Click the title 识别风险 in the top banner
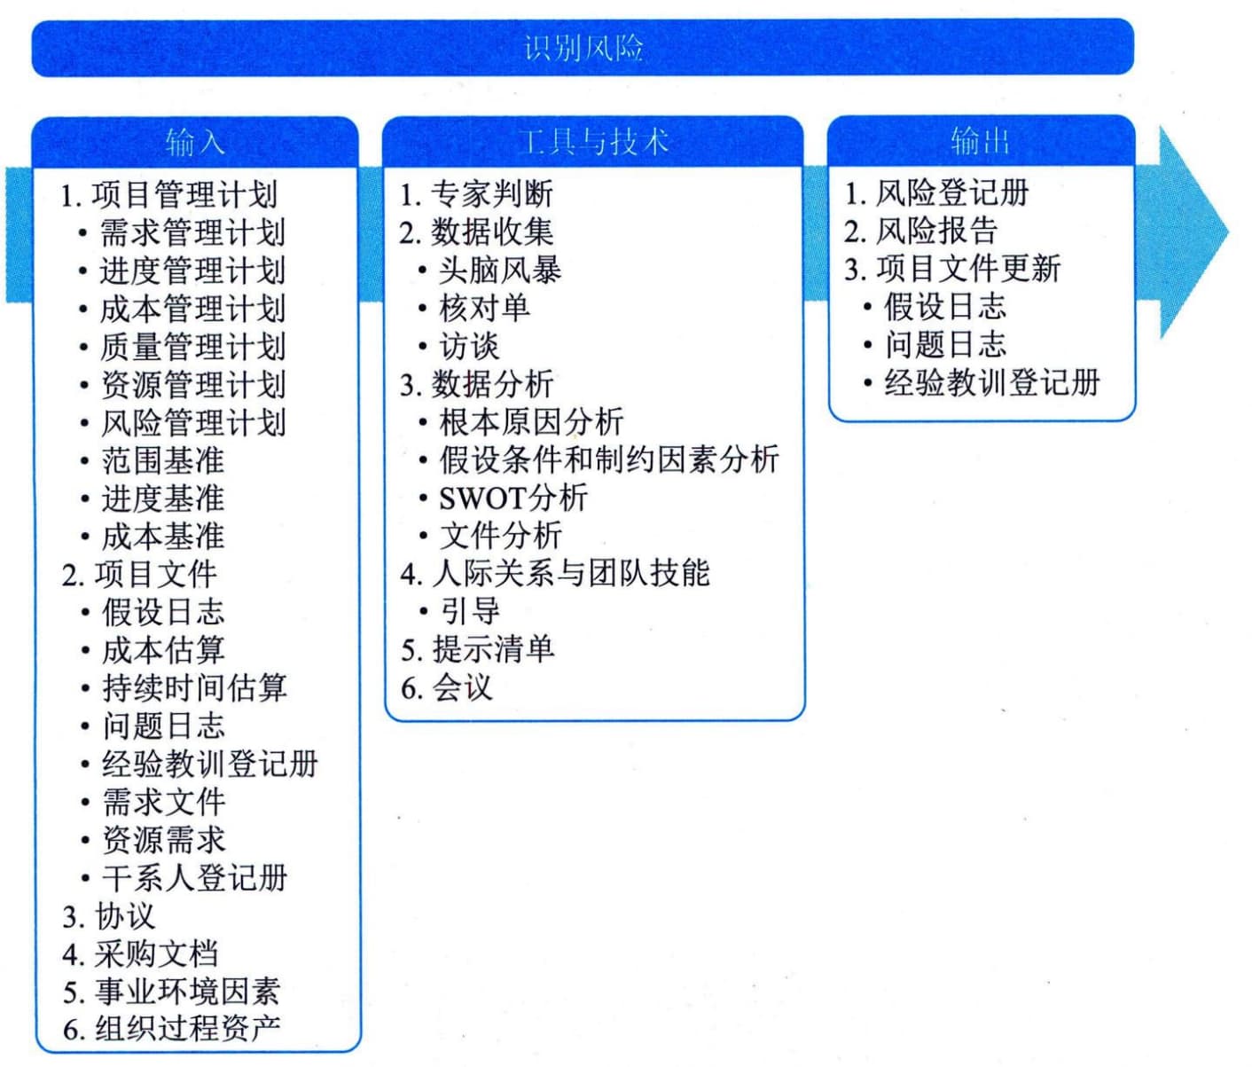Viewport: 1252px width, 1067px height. [583, 48]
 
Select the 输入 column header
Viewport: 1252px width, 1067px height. [195, 143]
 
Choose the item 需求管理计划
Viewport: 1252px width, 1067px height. [192, 232]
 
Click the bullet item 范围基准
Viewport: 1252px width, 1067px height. [163, 460]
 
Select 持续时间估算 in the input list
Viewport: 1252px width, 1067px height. [194, 687]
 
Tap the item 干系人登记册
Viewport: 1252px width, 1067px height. [194, 878]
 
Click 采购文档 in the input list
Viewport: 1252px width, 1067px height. [156, 954]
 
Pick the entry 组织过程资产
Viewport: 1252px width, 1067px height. [187, 1028]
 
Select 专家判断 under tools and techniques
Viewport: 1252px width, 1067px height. [492, 194]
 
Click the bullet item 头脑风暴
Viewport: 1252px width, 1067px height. [500, 271]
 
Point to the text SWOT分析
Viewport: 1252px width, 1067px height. [513, 498]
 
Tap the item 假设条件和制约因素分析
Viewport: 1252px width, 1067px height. [609, 459]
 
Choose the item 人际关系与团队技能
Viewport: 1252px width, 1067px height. [571, 574]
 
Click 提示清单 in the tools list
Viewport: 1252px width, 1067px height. [493, 649]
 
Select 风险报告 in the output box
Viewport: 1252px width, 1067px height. [936, 231]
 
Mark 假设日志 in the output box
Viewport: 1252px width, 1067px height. [945, 307]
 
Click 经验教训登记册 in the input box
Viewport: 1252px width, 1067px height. [209, 764]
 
